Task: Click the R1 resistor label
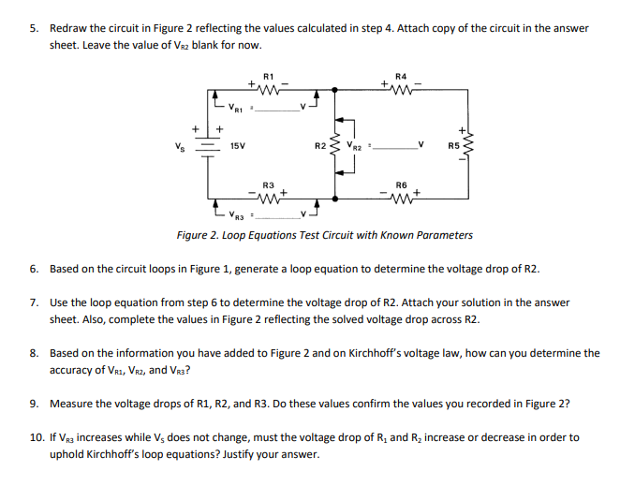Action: tap(268, 75)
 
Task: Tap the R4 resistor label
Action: tap(402, 75)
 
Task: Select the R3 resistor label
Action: tap(268, 184)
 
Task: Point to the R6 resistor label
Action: tap(402, 184)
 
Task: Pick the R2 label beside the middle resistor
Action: tap(320, 146)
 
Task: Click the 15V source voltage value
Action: tap(238, 146)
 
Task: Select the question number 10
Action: tap(35, 437)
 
